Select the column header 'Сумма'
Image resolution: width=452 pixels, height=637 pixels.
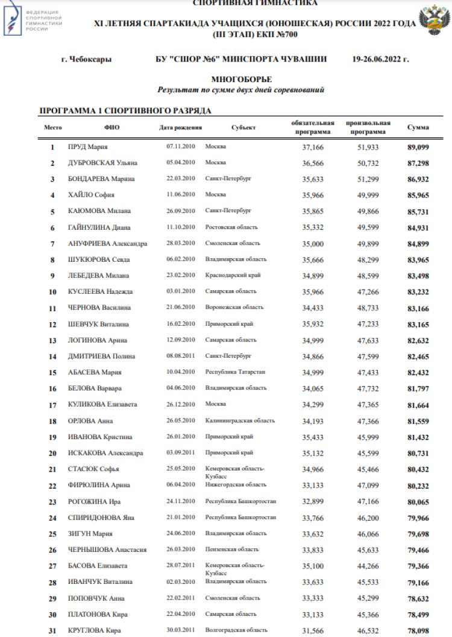[418, 128]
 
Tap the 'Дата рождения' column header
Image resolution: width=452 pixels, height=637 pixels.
[180, 128]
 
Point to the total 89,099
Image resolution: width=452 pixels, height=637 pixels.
[418, 147]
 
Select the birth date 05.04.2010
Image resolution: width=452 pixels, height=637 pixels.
[180, 163]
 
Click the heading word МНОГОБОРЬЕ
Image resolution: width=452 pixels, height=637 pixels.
[241, 80]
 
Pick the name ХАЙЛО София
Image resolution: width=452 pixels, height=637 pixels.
[91, 195]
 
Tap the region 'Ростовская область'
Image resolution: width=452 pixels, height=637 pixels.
[231, 227]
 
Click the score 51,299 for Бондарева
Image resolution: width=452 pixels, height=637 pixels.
[368, 179]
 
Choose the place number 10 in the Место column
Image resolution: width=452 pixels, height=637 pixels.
[52, 292]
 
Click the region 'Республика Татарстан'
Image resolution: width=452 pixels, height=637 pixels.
[235, 372]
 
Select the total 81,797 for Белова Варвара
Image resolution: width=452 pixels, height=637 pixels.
[418, 388]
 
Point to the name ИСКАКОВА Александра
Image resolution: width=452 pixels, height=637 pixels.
[105, 453]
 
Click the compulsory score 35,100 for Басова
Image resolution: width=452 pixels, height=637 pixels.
[313, 566]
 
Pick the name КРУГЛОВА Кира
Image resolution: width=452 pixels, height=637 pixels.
[94, 630]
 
